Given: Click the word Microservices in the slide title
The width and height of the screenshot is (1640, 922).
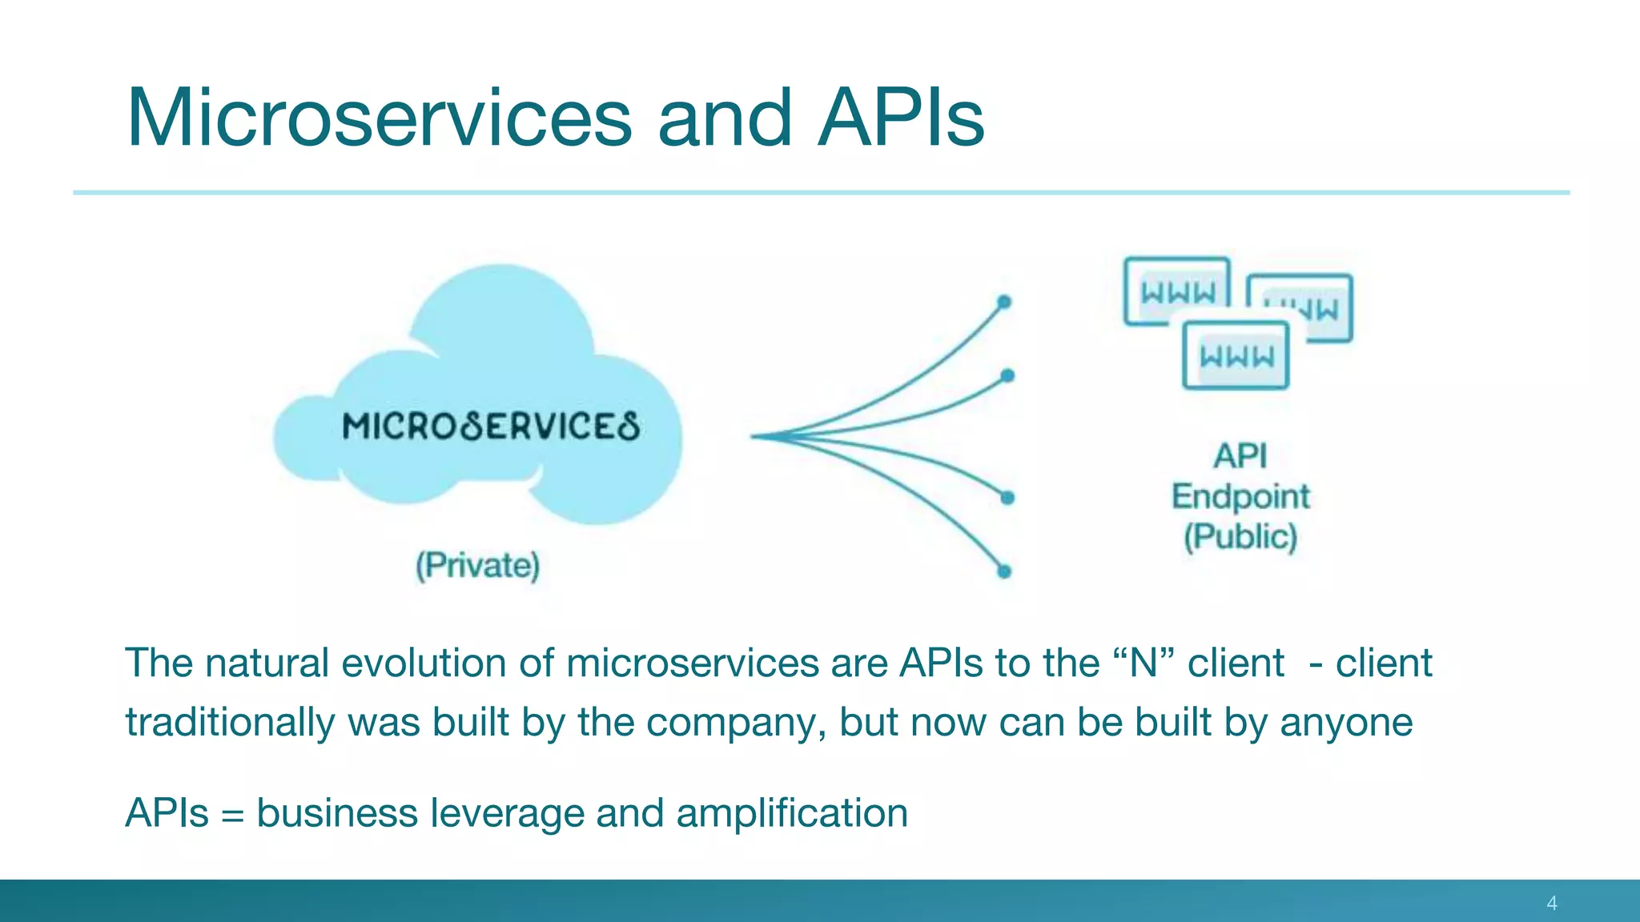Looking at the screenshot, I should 379,118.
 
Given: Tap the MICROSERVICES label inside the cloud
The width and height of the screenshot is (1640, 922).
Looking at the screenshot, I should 490,427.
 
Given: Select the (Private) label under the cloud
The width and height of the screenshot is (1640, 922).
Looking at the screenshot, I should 477,566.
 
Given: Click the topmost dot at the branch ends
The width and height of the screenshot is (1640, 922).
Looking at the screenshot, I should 1004,303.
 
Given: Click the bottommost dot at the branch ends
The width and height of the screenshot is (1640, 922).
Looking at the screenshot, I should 1004,571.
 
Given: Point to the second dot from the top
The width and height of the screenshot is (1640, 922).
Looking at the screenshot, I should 1007,375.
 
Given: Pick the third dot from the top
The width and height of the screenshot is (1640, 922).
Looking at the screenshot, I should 1007,498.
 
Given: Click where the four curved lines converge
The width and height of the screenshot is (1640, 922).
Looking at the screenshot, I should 757,436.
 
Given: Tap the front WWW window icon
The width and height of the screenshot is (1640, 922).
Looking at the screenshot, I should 1236,355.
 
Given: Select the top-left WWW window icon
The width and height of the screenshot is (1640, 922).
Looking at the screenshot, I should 1176,290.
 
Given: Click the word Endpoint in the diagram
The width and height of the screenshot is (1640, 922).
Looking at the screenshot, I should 1240,497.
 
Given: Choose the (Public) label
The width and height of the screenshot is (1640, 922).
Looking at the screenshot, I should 1240,536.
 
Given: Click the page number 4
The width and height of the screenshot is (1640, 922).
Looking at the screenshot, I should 1552,904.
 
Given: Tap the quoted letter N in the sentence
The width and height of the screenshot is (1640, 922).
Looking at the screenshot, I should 1143,663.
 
